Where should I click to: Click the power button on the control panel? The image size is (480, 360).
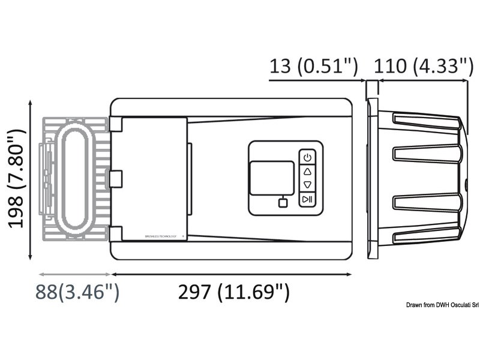[x=307, y=158]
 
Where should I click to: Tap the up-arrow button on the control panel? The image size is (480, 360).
[x=307, y=172]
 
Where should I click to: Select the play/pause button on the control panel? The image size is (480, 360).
[x=307, y=199]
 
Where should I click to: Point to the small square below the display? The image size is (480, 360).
[x=283, y=202]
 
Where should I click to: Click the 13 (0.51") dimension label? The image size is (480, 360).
[x=313, y=66]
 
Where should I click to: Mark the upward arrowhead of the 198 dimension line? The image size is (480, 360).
[x=31, y=103]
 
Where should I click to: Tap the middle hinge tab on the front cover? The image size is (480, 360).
[x=116, y=178]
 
